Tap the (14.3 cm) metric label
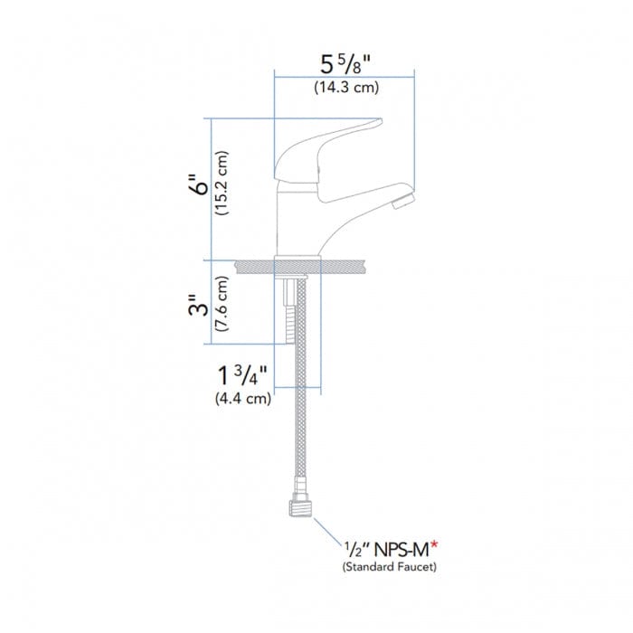click(x=345, y=89)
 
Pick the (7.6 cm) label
click(x=222, y=305)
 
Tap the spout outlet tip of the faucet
click(x=404, y=196)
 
